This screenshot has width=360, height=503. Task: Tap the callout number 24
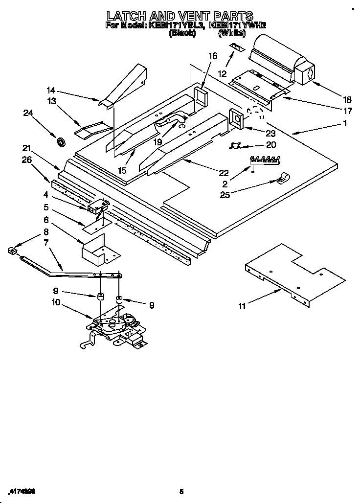click(29, 113)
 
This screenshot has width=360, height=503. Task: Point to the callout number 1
click(345, 124)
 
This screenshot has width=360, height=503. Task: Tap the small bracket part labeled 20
click(237, 144)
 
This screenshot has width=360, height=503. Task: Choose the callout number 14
click(51, 90)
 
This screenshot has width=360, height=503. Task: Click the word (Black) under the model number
click(182, 33)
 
